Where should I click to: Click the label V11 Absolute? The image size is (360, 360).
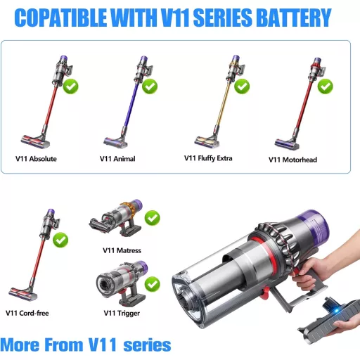(x=36, y=159)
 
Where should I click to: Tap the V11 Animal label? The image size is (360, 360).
(x=117, y=159)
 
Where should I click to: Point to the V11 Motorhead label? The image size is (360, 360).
(x=292, y=160)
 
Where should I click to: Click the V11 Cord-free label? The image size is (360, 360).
(x=29, y=313)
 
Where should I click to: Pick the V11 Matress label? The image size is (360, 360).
(x=122, y=250)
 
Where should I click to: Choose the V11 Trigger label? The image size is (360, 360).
(x=120, y=314)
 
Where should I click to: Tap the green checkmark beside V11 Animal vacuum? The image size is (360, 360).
(x=151, y=87)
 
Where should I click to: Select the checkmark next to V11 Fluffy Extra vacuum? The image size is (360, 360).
(x=242, y=86)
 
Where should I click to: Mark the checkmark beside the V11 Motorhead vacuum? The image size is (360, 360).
(x=325, y=86)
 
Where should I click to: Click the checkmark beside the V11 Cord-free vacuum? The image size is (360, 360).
(x=60, y=239)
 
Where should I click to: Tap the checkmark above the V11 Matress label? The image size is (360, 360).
(x=152, y=218)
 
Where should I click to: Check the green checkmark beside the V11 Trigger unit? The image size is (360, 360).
(x=152, y=284)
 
